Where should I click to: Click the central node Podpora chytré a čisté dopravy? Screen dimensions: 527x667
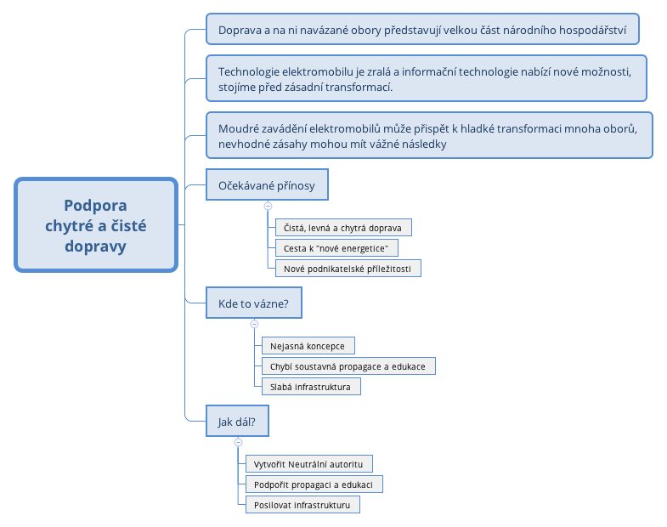click(95, 225)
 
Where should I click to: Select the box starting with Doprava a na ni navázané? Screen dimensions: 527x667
click(422, 30)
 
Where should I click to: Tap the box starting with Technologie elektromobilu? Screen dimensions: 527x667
click(427, 79)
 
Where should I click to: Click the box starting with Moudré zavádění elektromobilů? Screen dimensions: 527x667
click(429, 135)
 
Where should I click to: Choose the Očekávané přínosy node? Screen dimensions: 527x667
click(267, 185)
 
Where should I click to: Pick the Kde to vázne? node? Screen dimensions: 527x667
click(253, 303)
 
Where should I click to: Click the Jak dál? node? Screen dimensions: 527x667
click(237, 422)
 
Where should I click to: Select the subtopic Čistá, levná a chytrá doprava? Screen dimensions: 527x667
click(342, 228)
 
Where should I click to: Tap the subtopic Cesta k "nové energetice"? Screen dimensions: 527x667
click(336, 248)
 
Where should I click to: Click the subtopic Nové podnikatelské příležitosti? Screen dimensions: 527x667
click(347, 269)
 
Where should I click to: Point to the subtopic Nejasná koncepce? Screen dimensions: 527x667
click(307, 346)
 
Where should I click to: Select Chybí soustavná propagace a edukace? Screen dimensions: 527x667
click(348, 366)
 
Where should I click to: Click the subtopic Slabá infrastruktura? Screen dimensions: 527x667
click(310, 387)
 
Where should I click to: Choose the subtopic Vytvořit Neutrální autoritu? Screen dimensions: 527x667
click(308, 464)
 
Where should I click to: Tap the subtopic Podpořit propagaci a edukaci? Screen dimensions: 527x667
click(314, 484)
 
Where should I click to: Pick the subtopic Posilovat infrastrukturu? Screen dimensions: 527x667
click(302, 505)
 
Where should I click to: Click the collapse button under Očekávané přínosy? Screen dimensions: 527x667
click(268, 206)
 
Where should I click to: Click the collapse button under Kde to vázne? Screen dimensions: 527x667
click(254, 324)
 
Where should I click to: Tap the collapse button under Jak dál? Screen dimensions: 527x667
click(238, 442)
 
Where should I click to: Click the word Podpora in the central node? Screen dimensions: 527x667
click(95, 206)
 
